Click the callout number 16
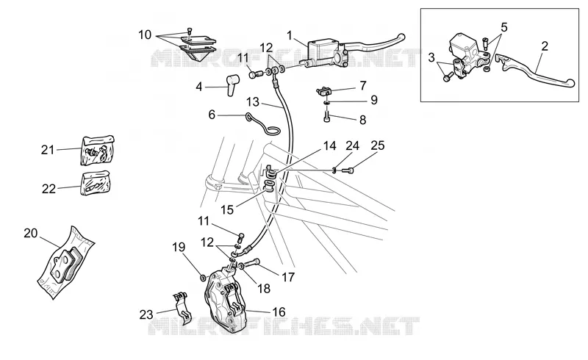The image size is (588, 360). tap(279, 312)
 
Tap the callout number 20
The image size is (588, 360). tap(31, 233)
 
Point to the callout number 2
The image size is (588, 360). tap(545, 46)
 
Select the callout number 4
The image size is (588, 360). tap(198, 87)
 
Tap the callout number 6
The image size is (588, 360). tap(212, 115)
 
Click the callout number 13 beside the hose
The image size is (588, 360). tap(253, 101)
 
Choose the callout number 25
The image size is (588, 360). tap(378, 145)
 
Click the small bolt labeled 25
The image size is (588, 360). tap(347, 171)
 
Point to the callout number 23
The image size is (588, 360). tap(146, 314)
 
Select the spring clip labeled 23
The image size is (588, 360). tap(182, 307)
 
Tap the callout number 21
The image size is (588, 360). tap(48, 150)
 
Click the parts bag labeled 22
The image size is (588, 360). tap(96, 183)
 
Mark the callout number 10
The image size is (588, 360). tap(145, 35)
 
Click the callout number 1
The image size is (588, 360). tap(290, 35)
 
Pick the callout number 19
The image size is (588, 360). tap(179, 248)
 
